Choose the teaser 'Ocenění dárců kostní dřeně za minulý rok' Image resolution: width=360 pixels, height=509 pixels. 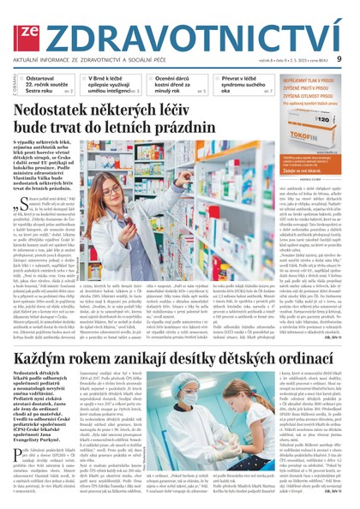(174, 83)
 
